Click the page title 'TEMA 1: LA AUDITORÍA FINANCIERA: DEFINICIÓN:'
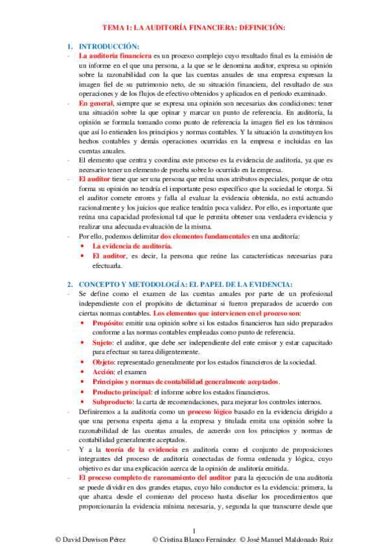(194, 28)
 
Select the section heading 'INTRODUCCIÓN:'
(109, 47)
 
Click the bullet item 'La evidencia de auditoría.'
(132, 247)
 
